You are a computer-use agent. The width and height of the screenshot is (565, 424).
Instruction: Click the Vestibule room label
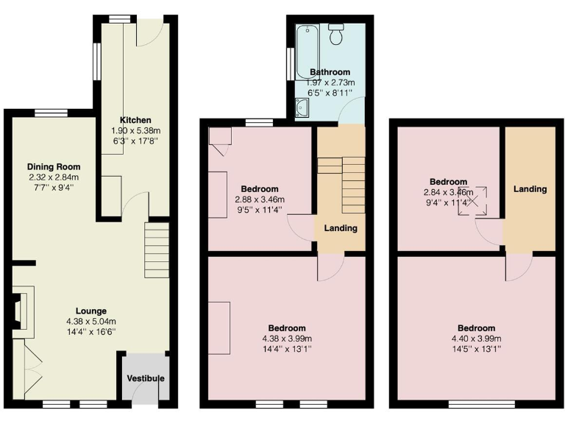tap(144, 378)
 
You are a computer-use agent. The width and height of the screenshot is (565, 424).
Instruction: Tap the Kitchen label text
tap(135, 120)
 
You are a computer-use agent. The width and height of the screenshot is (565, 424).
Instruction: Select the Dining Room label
tap(54, 166)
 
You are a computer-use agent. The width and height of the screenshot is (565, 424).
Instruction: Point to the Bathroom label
tap(330, 72)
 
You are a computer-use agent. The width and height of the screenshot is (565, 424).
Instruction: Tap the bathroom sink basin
tap(301, 110)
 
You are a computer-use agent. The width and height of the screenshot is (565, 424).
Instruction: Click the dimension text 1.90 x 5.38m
tap(135, 130)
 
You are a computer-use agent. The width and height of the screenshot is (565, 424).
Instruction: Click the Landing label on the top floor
tap(530, 189)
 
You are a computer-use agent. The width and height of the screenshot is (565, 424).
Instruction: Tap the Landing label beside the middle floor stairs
tap(341, 228)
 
